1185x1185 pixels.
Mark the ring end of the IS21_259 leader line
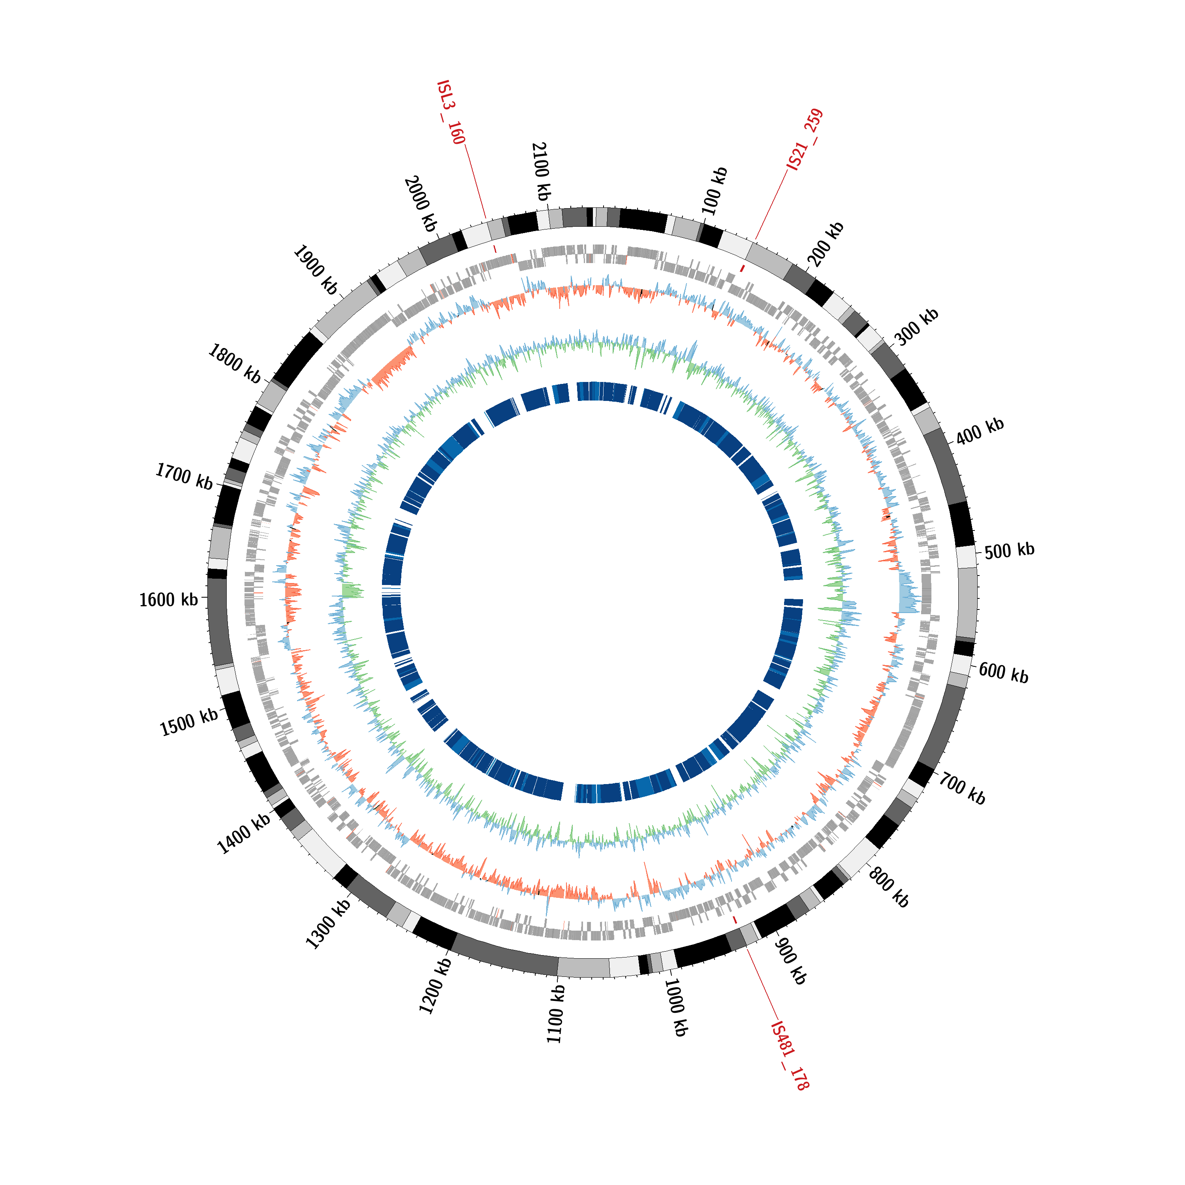click(756, 240)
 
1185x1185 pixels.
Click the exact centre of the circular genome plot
click(592, 592)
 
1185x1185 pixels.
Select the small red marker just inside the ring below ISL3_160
click(495, 249)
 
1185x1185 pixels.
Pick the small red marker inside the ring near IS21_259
click(742, 268)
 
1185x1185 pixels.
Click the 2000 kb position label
click(421, 204)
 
